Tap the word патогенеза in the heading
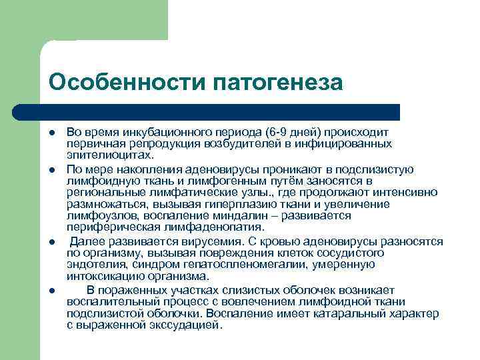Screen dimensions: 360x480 click(278, 82)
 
